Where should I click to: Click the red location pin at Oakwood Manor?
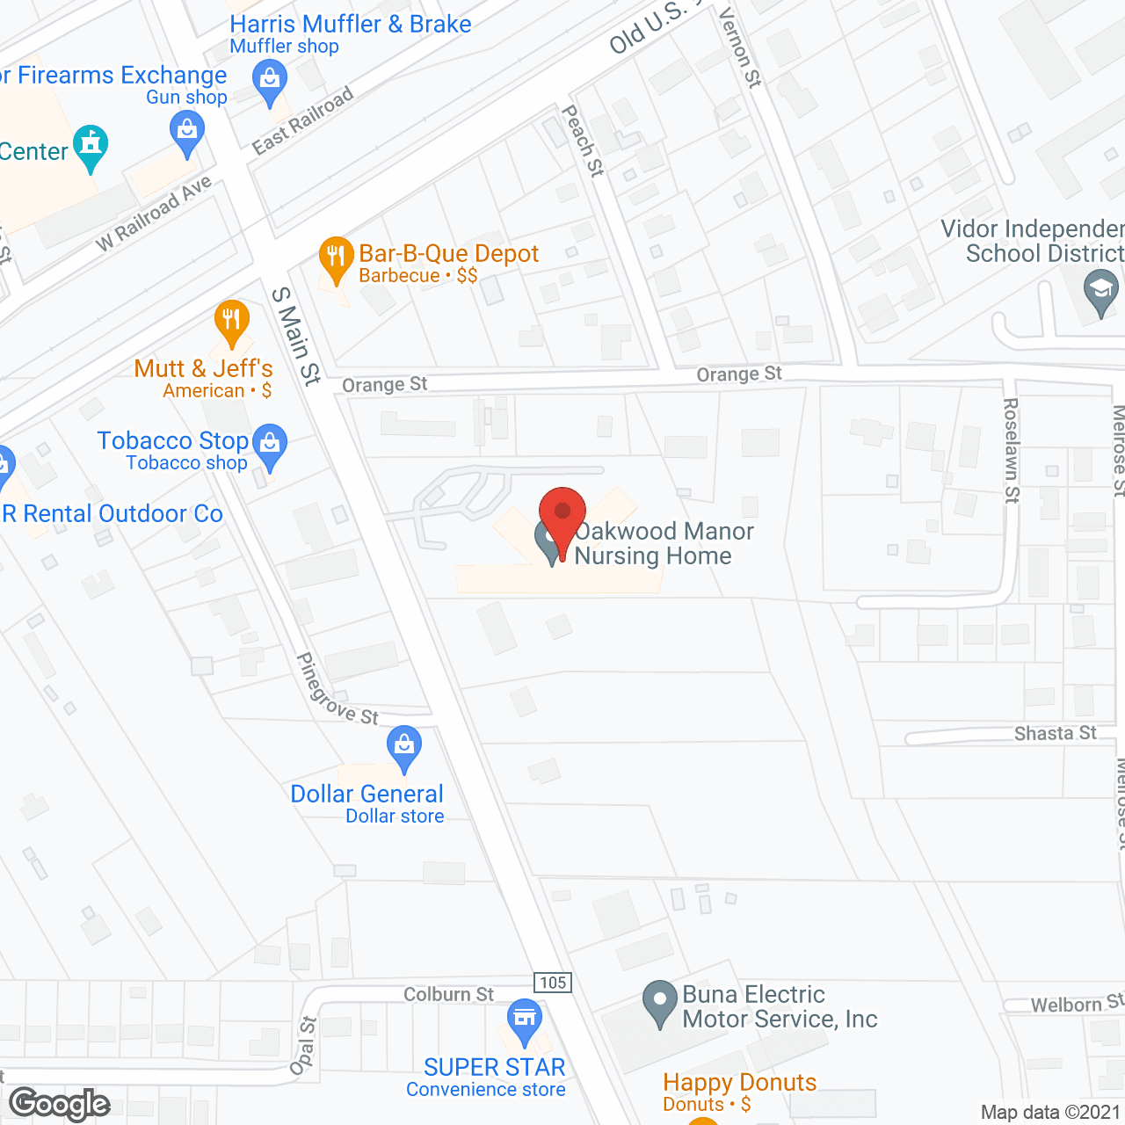tap(562, 514)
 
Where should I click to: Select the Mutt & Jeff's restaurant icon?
tap(231, 321)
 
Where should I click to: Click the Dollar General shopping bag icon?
tap(404, 746)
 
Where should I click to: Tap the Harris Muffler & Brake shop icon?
tap(270, 83)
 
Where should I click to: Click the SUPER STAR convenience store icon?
tap(525, 1020)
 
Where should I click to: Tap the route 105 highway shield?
tap(553, 983)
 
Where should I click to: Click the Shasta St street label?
tap(1055, 733)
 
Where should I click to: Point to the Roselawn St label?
tap(1012, 450)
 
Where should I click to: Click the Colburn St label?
tap(448, 994)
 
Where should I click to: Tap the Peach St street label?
tap(584, 141)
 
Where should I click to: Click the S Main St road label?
tap(296, 336)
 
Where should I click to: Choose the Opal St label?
tap(303, 1045)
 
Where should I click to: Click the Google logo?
tap(60, 1104)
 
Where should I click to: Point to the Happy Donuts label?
tap(739, 1082)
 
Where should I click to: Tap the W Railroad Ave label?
tap(154, 214)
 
